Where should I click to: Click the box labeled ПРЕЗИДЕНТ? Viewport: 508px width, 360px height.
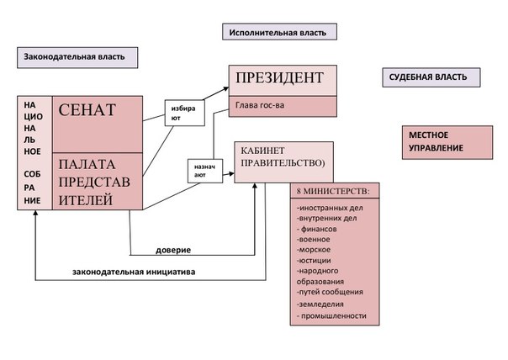[x=283, y=79]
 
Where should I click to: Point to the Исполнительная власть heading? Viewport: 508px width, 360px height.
[x=281, y=33]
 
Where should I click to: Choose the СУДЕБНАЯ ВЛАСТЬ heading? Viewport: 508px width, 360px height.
[x=431, y=77]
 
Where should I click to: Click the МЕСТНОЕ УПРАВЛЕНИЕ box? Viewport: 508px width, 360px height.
[x=446, y=141]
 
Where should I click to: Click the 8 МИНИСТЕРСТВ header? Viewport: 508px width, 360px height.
[x=335, y=191]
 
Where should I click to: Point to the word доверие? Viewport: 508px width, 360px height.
[x=174, y=251]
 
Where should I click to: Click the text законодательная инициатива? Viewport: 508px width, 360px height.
[x=135, y=271]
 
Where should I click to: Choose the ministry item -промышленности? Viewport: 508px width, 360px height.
[x=333, y=315]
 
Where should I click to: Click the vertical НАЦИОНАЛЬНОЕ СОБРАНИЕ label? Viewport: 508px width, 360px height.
[x=33, y=151]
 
